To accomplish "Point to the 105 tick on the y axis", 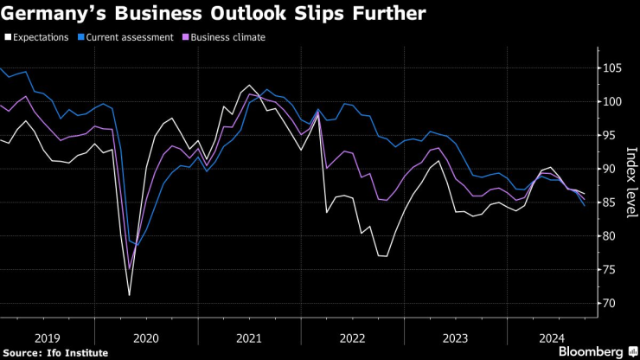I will pos(611,68).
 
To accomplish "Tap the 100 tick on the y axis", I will pos(611,102).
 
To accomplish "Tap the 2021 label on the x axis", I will pos(249,339).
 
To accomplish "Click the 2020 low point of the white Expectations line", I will pos(130,296).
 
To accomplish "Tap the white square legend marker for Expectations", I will pos(7,37).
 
